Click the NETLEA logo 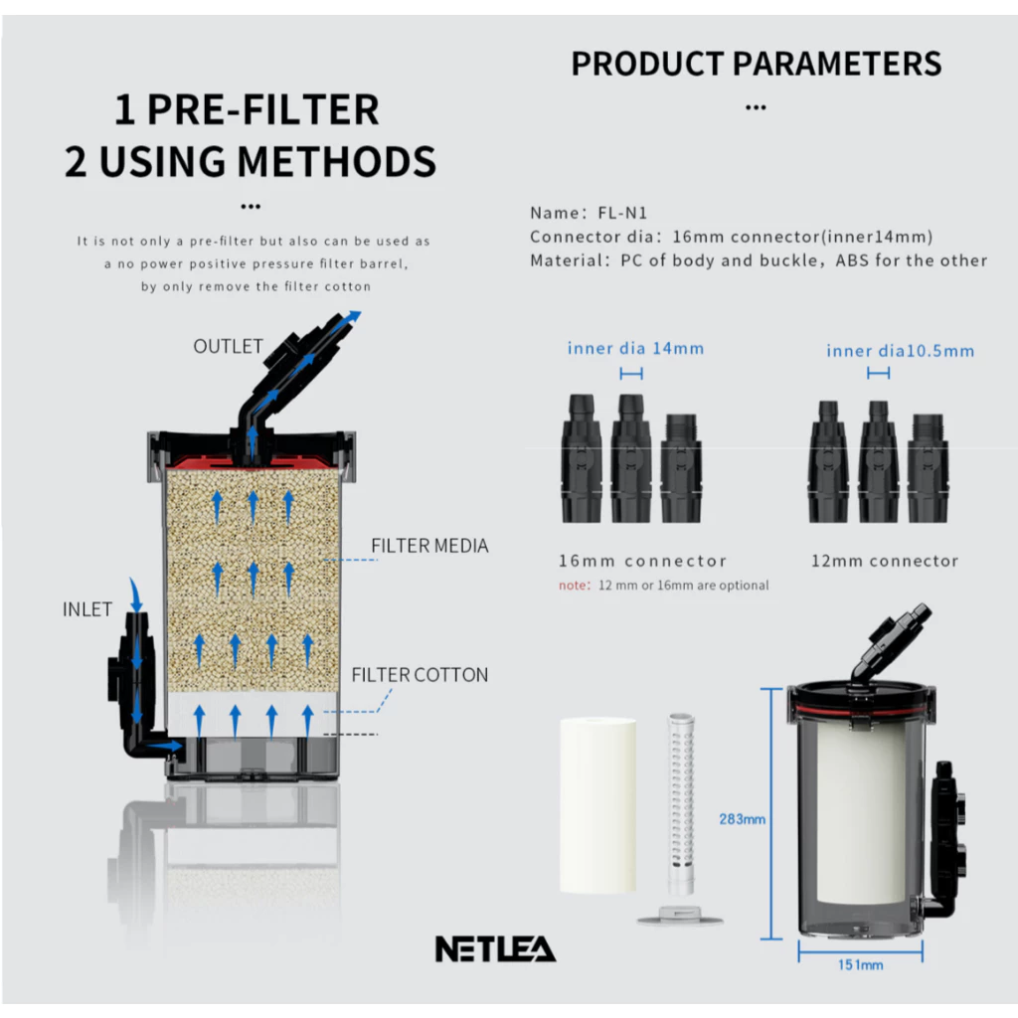pos(495,948)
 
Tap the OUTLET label pos(228,347)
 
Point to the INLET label pos(87,609)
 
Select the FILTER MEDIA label pos(429,546)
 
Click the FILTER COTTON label pos(420,675)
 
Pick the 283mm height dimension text pos(742,819)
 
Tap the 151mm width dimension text pos(860,965)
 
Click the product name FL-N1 pos(622,213)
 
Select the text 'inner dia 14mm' pos(635,349)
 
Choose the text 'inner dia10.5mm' pos(901,351)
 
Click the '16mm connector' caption pos(643,561)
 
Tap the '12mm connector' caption pos(885,561)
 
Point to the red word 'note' pos(573,586)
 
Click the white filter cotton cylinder pos(597,805)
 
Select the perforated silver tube pos(681,803)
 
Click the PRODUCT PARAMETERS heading pos(757,64)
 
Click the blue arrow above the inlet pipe pos(135,594)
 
